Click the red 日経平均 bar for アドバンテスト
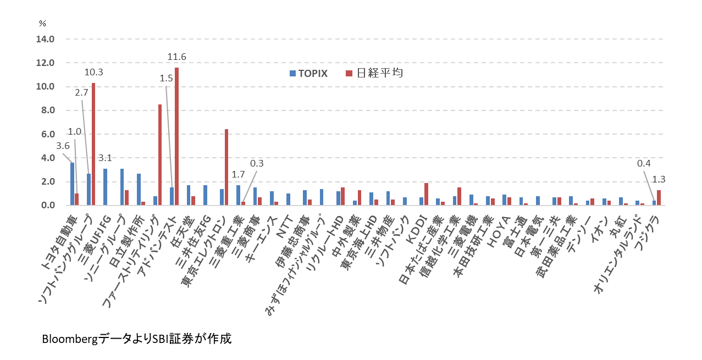(176, 136)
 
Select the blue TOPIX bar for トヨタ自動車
(72, 184)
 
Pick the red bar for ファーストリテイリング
(160, 155)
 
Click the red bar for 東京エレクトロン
(226, 167)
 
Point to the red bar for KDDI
(425, 194)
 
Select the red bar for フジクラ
(659, 198)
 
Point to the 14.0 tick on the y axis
(45, 39)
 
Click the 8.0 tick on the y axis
(45, 110)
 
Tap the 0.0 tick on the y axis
(45, 206)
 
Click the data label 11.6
(177, 57)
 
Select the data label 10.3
(93, 72)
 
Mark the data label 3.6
(63, 146)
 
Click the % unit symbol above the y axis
(42, 23)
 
